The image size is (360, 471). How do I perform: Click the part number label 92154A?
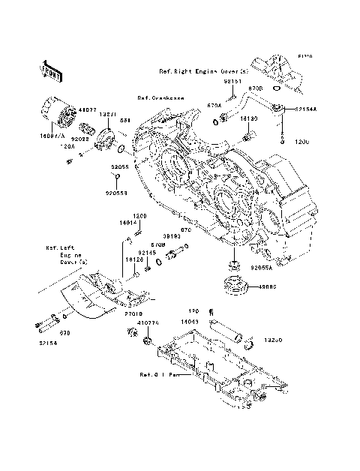click(304, 108)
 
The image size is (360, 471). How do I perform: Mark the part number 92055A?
click(262, 267)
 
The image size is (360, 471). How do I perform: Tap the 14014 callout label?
click(127, 223)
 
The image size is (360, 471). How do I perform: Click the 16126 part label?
click(133, 259)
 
